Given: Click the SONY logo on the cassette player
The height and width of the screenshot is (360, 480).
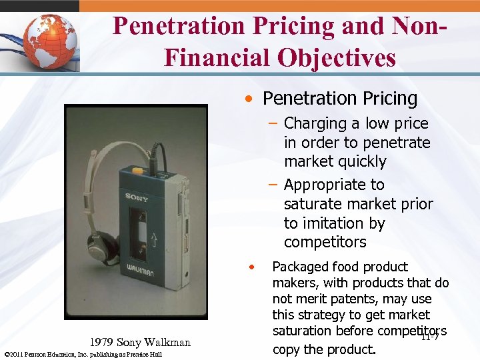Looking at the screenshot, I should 137,197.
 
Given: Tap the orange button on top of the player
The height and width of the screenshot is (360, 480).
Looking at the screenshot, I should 137,170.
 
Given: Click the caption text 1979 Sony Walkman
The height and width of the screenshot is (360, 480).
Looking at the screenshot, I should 140,343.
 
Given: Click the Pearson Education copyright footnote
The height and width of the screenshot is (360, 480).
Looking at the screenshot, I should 83,354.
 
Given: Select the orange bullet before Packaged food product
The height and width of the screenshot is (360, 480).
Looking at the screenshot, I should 251,267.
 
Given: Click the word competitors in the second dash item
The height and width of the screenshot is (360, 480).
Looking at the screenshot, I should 325,241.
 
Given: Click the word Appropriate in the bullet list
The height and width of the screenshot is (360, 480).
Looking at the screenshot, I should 334,185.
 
